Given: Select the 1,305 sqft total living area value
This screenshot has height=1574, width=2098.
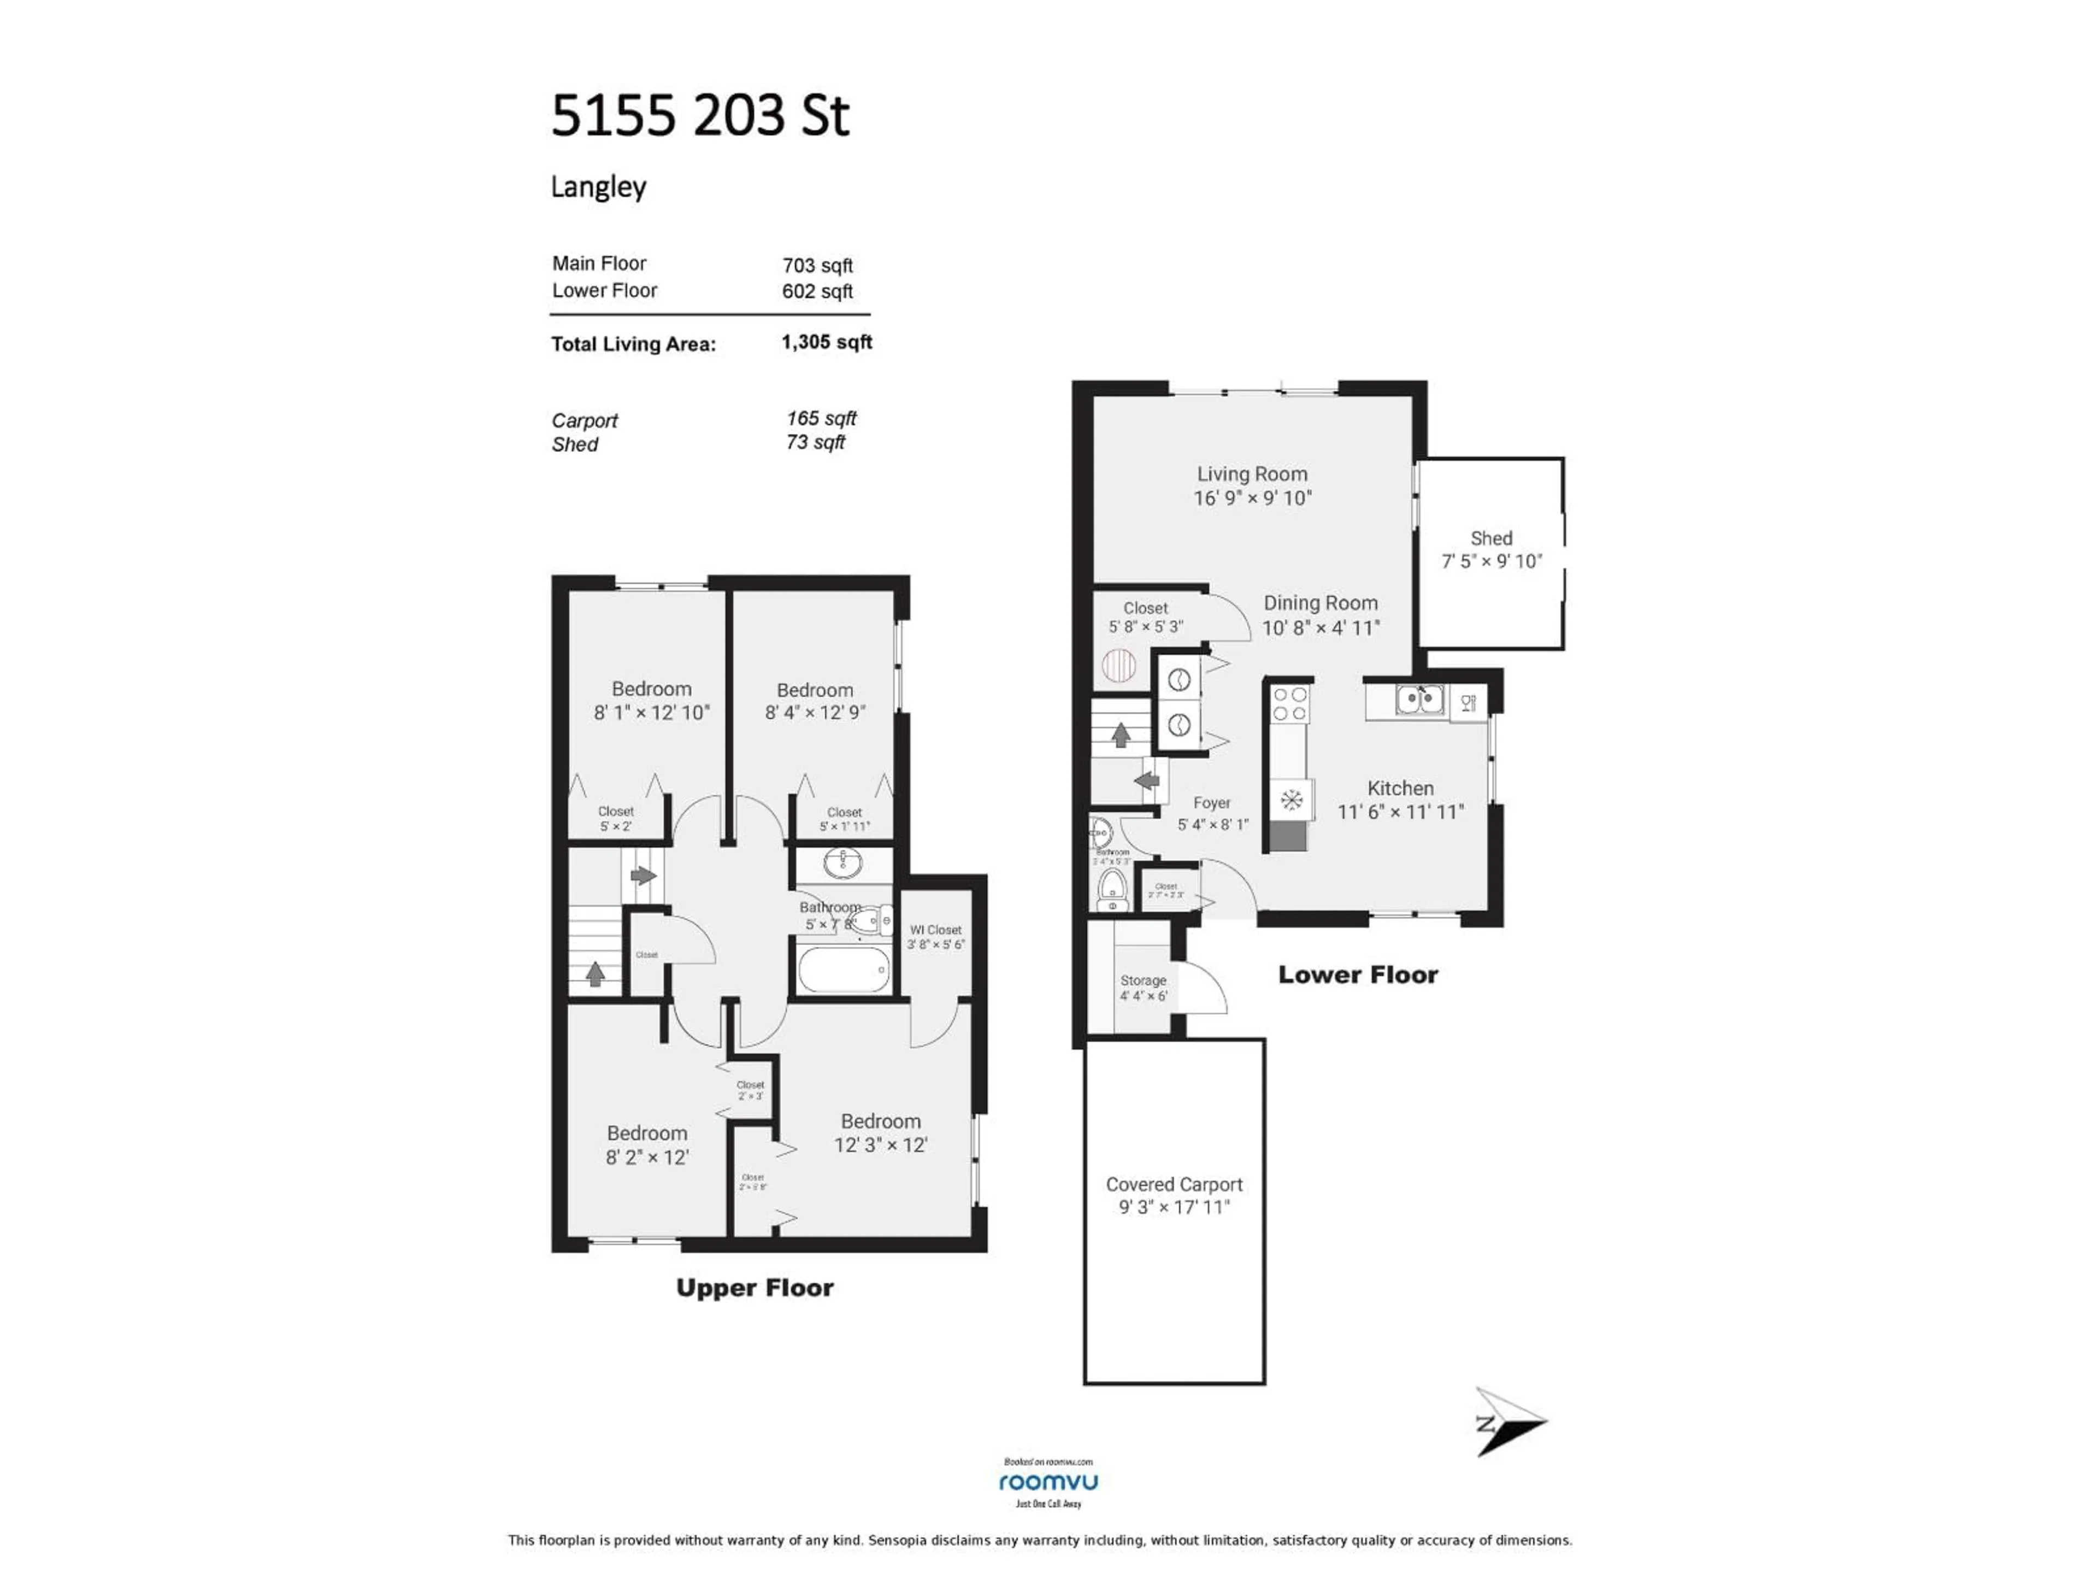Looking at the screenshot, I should point(826,343).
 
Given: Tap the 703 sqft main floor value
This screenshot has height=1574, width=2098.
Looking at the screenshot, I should point(817,266).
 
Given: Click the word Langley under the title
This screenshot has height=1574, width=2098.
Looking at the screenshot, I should point(598,187).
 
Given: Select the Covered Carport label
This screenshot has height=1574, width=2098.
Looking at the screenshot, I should point(1173,1184).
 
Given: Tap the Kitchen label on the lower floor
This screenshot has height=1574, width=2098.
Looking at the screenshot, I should point(1400,789).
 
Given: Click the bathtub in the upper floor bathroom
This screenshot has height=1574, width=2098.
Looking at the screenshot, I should point(843,970).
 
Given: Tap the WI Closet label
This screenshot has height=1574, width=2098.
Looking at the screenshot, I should point(935,930).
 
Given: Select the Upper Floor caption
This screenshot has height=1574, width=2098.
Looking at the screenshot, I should point(754,1288).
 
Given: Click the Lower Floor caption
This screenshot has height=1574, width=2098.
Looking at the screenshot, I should point(1357,974).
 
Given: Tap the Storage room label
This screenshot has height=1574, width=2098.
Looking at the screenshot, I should point(1143,980).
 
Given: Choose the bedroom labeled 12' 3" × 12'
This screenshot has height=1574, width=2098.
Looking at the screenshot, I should point(880,1133).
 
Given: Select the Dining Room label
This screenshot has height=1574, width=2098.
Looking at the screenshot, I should point(1320,603).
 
